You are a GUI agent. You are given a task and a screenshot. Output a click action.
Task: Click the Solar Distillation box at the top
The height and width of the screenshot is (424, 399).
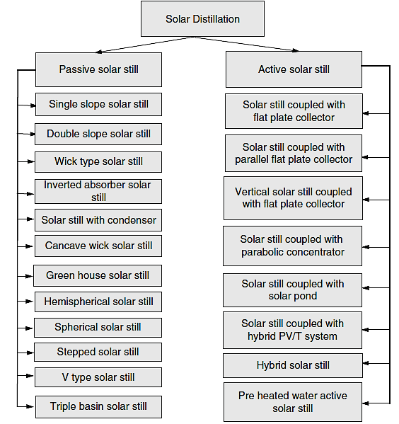click(x=202, y=18)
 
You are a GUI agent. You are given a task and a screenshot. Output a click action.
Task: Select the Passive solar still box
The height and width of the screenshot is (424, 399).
click(x=98, y=70)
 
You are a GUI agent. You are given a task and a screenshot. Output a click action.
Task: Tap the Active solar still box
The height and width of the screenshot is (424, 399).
click(x=294, y=69)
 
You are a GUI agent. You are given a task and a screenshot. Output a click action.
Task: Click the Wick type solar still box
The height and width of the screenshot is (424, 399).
click(x=98, y=162)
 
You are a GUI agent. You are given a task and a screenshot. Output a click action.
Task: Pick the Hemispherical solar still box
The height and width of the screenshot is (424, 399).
click(x=98, y=302)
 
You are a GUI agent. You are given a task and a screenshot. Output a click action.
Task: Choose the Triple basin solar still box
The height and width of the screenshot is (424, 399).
click(x=98, y=407)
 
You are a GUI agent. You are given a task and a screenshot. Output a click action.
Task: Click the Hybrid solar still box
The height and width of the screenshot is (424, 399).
click(x=293, y=365)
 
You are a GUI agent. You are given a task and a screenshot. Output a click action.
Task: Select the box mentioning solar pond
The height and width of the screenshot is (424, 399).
click(x=292, y=290)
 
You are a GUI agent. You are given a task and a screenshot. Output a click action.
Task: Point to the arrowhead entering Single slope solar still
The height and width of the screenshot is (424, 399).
click(x=33, y=105)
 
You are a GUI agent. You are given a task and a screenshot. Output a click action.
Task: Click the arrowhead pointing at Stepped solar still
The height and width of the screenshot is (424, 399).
click(x=30, y=353)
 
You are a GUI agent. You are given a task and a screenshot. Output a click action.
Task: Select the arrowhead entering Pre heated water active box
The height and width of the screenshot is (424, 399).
click(x=366, y=403)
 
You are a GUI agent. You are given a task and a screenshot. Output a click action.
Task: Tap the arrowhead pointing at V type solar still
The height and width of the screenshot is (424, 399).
click(x=30, y=376)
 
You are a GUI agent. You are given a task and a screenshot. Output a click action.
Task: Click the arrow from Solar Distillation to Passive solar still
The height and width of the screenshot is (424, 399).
click(x=145, y=45)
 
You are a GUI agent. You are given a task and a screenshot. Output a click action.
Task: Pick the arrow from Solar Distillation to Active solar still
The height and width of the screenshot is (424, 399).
click(x=247, y=44)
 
